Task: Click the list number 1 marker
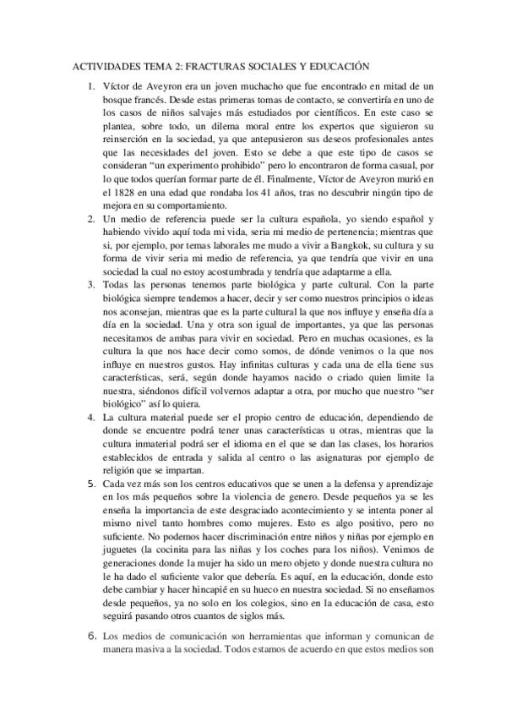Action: click(91, 86)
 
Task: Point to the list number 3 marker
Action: click(91, 283)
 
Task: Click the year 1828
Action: click(122, 193)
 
